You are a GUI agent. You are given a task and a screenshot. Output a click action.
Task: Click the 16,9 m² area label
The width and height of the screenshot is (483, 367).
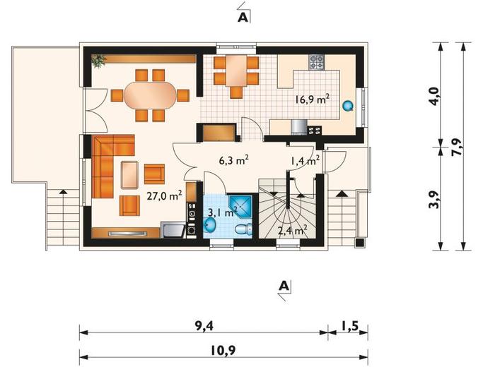(312, 100)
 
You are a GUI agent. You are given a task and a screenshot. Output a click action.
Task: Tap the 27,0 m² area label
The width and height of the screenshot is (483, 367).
(164, 195)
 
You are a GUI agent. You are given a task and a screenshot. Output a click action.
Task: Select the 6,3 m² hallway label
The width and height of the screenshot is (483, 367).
(234, 160)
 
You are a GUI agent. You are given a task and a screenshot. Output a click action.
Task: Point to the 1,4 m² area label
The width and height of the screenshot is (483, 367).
(305, 160)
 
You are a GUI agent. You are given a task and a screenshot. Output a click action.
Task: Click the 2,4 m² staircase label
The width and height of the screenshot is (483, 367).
(292, 230)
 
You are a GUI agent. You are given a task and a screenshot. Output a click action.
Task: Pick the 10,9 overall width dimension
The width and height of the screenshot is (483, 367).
(224, 350)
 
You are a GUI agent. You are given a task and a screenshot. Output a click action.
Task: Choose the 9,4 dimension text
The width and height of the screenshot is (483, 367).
(204, 327)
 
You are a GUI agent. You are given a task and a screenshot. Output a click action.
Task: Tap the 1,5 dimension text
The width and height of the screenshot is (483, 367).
(350, 326)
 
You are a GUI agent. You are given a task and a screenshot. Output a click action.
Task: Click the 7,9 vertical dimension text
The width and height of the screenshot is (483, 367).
(457, 147)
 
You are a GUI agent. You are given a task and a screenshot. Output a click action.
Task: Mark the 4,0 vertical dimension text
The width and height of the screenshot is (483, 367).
(434, 97)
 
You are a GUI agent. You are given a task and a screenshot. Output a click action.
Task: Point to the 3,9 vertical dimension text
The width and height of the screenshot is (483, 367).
(434, 200)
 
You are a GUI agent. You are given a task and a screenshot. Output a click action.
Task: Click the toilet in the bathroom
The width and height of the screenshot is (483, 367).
(243, 229)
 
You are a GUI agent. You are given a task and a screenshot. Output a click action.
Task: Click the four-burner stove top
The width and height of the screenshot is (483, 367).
(317, 62)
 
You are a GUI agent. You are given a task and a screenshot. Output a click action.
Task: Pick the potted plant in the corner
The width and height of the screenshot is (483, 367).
(98, 60)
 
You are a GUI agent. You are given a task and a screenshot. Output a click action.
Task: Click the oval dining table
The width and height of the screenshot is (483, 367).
(150, 95)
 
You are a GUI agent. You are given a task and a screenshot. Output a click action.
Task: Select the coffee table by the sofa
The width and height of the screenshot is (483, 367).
(129, 174)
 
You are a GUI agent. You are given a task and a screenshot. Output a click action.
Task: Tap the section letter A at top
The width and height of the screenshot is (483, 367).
(243, 18)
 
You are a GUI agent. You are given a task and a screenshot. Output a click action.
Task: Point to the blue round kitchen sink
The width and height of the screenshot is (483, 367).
(348, 106)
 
